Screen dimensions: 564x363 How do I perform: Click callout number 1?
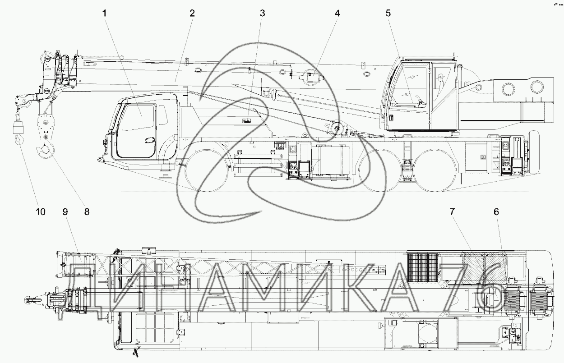click(x=105, y=14)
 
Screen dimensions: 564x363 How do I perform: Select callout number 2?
click(x=192, y=14)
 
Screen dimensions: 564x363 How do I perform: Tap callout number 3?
click(x=262, y=14)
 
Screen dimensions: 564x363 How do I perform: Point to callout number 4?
click(x=337, y=14)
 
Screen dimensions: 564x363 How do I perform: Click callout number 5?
click(x=388, y=14)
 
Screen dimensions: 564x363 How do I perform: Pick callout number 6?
click(x=496, y=212)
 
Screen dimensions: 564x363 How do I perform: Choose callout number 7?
click(x=452, y=212)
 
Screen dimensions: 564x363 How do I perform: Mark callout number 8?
click(x=87, y=212)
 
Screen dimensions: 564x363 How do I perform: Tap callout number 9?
click(x=65, y=212)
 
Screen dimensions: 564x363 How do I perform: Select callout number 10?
click(x=41, y=212)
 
